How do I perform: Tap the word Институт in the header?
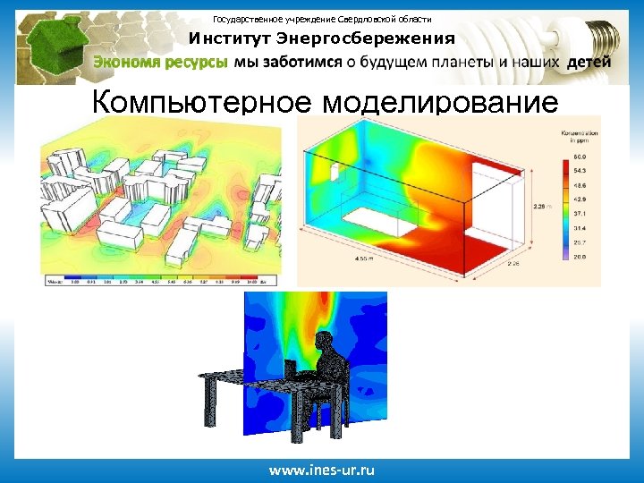pos(229,38)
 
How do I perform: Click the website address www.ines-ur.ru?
pos(322,470)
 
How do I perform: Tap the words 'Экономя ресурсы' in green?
pos(161,62)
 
